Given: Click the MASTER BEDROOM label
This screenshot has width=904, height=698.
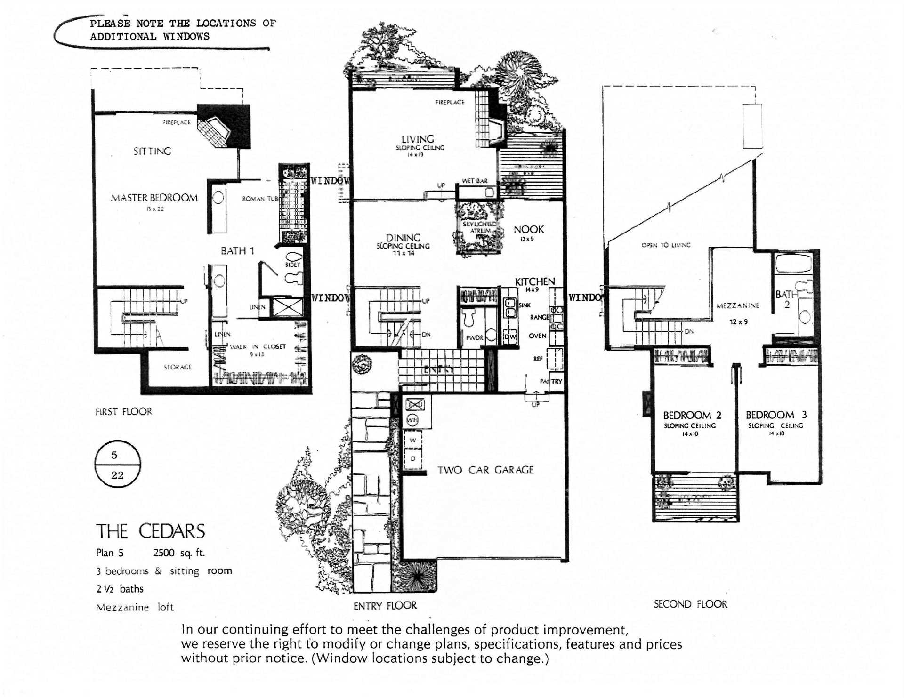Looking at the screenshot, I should pyautogui.click(x=154, y=198).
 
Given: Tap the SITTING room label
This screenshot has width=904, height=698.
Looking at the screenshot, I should pyautogui.click(x=152, y=151).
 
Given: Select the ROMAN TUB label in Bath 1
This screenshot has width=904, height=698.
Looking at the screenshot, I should pyautogui.click(x=259, y=199).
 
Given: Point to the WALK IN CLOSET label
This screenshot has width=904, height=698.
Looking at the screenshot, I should pyautogui.click(x=258, y=347).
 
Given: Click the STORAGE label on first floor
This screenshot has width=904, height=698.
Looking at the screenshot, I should pyautogui.click(x=178, y=367).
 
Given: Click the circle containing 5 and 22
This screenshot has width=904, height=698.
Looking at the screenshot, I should pyautogui.click(x=117, y=464).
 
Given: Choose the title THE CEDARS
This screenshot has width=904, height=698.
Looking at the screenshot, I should pyautogui.click(x=150, y=531).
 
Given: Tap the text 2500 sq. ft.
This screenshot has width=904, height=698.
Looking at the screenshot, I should pyautogui.click(x=179, y=553).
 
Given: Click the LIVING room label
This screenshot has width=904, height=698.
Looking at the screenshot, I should pyautogui.click(x=417, y=139).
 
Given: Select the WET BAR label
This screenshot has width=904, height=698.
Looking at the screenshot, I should pyautogui.click(x=475, y=181).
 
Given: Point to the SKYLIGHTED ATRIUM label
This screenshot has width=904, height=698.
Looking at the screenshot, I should pyautogui.click(x=479, y=227).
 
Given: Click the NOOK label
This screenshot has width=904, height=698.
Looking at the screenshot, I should pyautogui.click(x=528, y=230).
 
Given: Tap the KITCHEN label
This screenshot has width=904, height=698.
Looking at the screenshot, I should pyautogui.click(x=534, y=281).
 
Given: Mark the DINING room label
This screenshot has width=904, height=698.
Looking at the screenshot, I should pyautogui.click(x=403, y=238).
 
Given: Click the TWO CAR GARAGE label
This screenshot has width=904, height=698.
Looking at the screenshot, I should pyautogui.click(x=485, y=470).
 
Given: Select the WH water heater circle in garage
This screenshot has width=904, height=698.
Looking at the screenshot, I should pyautogui.click(x=412, y=420).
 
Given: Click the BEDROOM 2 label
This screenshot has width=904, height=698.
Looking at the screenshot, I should pyautogui.click(x=692, y=415).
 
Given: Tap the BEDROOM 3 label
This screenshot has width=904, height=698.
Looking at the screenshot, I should pyautogui.click(x=776, y=415).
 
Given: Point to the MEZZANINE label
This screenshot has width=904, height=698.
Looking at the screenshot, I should pyautogui.click(x=737, y=305).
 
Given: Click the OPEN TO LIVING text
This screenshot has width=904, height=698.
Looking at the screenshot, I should pyautogui.click(x=666, y=245).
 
